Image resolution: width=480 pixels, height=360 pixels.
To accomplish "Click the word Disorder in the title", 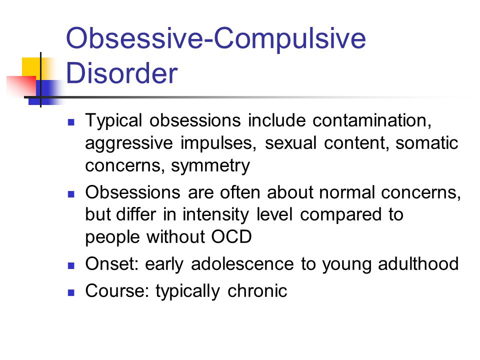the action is pyautogui.click(x=121, y=73).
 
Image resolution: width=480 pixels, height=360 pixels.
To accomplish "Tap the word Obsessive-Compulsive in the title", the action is pyautogui.click(x=216, y=38).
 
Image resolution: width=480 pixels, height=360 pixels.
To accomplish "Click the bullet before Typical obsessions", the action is pyautogui.click(x=71, y=122).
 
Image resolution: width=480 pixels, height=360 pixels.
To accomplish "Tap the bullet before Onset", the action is pyautogui.click(x=71, y=265).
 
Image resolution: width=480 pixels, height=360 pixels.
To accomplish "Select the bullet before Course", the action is pyautogui.click(x=71, y=292).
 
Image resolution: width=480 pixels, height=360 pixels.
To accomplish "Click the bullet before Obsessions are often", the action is pyautogui.click(x=71, y=194).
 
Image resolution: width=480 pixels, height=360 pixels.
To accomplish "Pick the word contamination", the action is pyautogui.click(x=372, y=120).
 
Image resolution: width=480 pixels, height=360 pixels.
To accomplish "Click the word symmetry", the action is pyautogui.click(x=210, y=166).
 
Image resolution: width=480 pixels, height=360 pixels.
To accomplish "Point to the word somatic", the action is pyautogui.click(x=426, y=143).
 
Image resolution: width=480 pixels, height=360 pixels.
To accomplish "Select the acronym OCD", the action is pyautogui.click(x=231, y=236).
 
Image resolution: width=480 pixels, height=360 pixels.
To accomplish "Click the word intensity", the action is pyautogui.click(x=216, y=214).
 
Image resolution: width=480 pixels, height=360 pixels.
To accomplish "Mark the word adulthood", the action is pyautogui.click(x=418, y=263).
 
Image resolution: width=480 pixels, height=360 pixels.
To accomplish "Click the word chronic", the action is pyautogui.click(x=257, y=290).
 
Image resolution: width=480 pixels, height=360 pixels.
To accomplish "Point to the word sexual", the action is pyautogui.click(x=290, y=143).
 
